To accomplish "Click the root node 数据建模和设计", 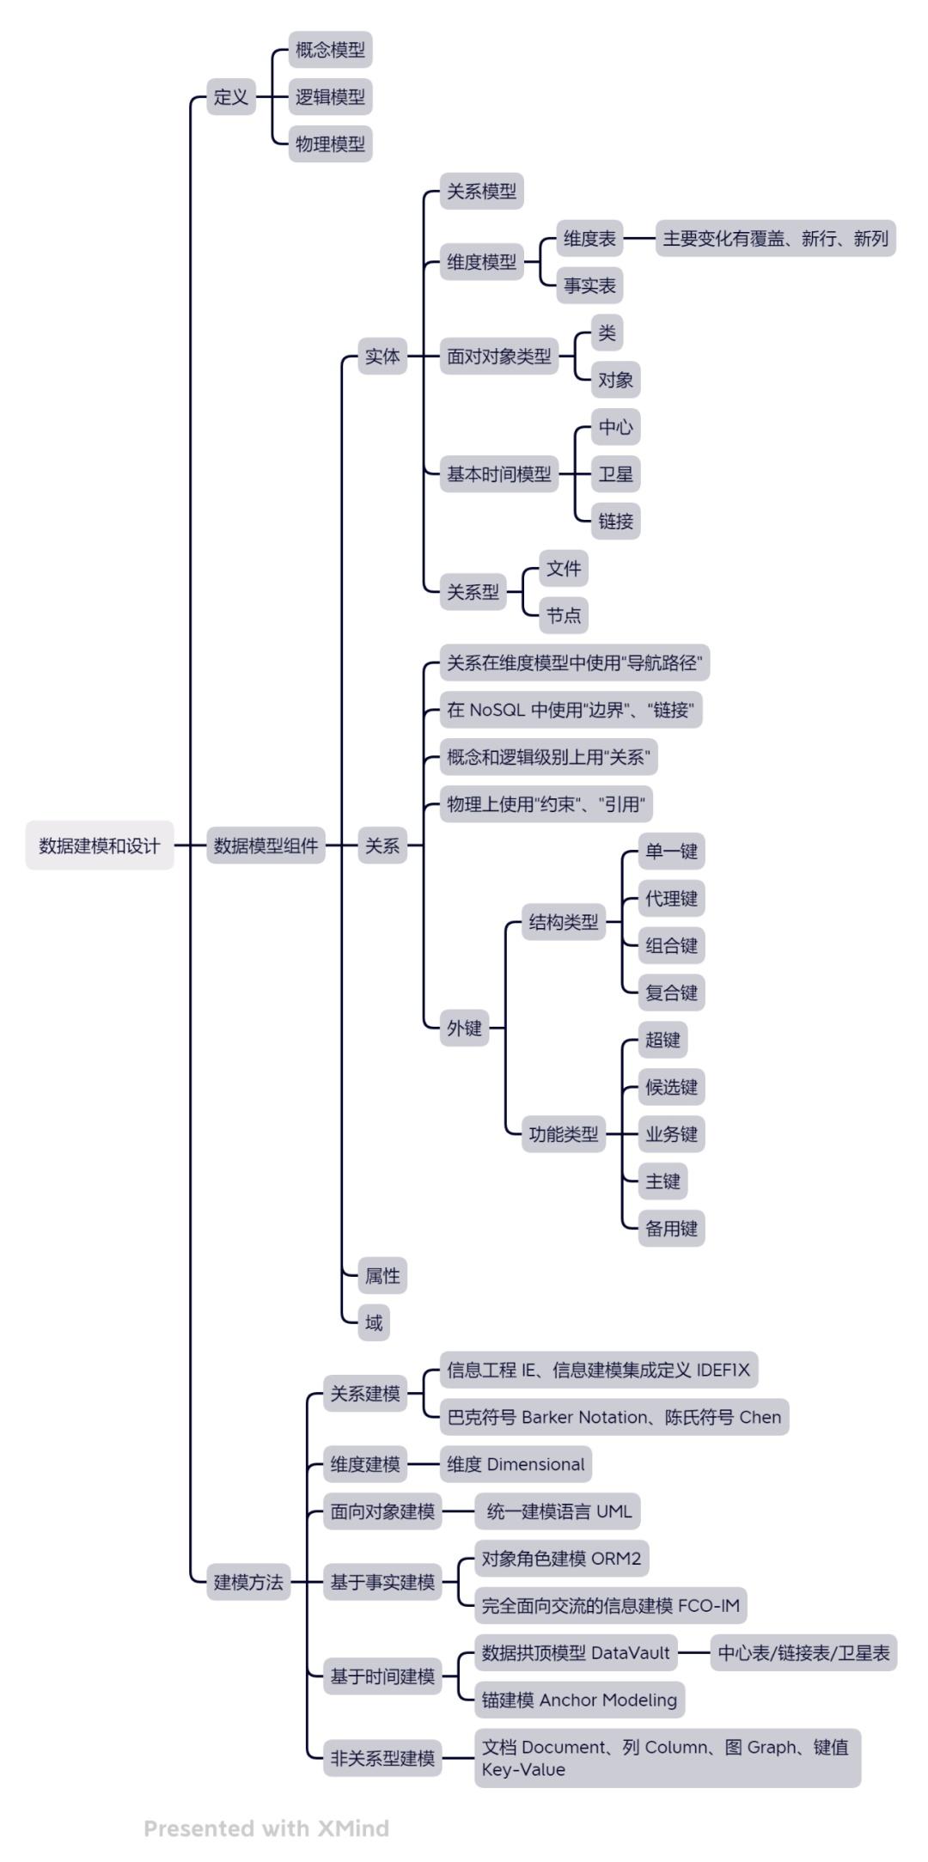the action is (100, 846).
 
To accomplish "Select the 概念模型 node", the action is (330, 50).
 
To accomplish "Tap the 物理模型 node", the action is (330, 144).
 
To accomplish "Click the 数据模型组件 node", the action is (266, 846).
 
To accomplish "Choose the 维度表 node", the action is (589, 239).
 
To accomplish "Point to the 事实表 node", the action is (589, 286).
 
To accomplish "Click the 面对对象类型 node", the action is (499, 357).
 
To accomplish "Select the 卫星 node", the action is (615, 474).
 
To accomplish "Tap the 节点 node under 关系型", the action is (564, 615).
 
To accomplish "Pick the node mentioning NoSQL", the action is (571, 710).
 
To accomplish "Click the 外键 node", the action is (464, 1028).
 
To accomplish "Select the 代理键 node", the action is (671, 899).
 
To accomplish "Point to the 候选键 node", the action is (671, 1087).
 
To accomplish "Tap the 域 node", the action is (374, 1322).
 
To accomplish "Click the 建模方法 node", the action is (248, 1582).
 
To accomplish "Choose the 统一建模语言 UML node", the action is (559, 1511).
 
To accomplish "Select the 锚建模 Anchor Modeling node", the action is (579, 1700).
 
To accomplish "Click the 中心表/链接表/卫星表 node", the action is (803, 1652).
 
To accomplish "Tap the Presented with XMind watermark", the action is (266, 1828).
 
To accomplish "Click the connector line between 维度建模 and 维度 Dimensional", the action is (424, 1464).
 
